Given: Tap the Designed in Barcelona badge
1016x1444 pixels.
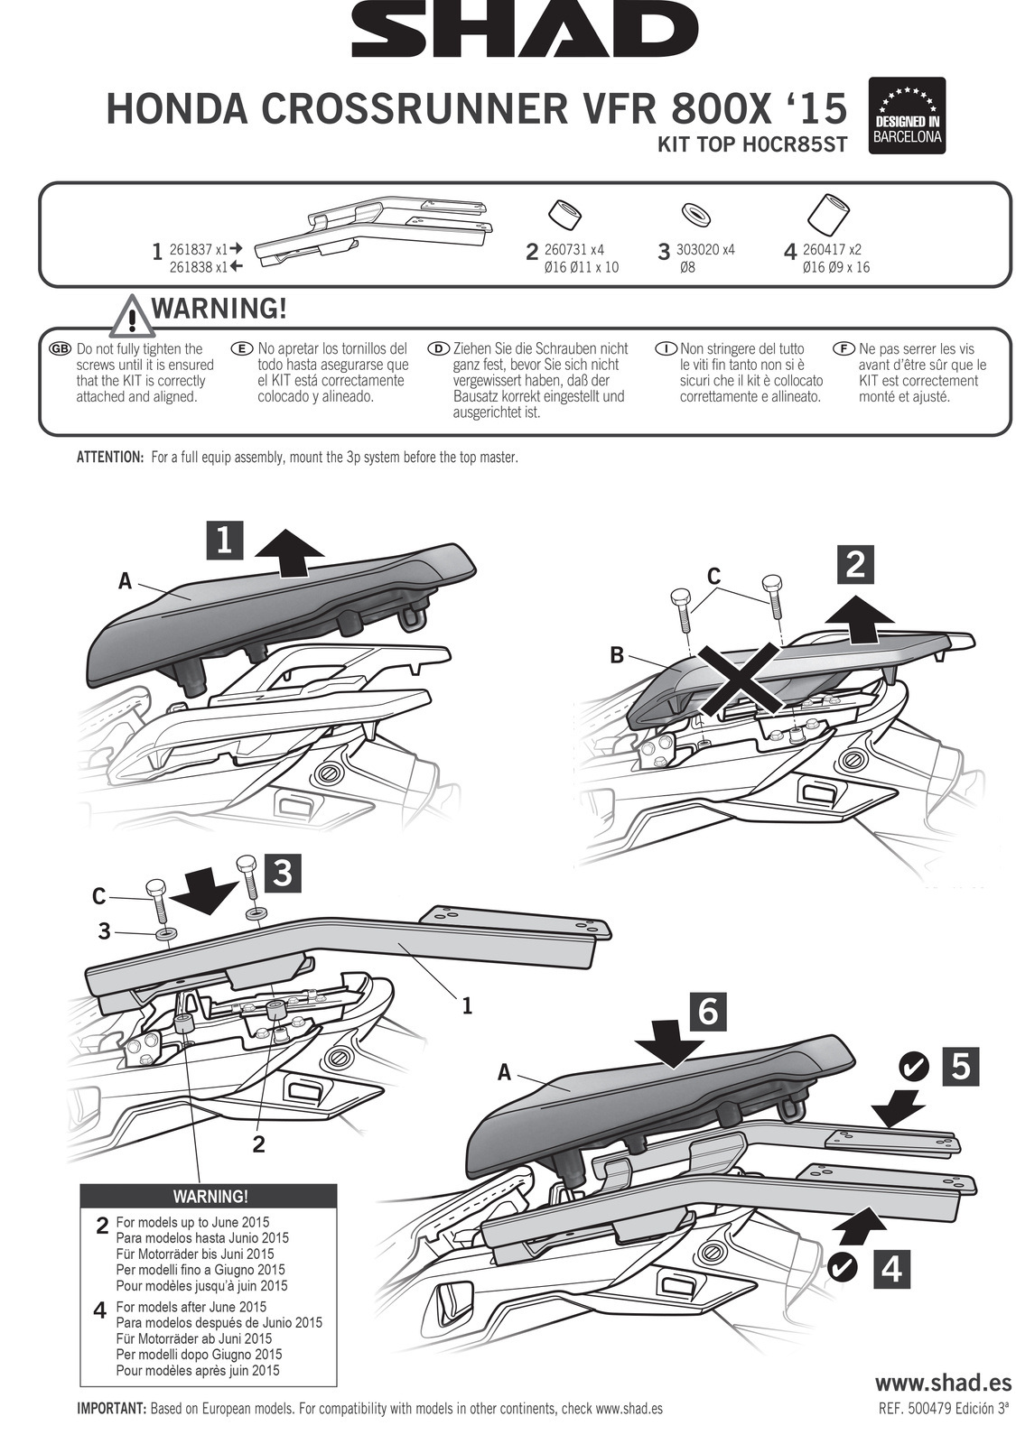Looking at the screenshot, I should point(907,116).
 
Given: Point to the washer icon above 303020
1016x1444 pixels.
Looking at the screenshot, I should point(695,214).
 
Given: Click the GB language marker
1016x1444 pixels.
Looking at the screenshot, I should point(59,348).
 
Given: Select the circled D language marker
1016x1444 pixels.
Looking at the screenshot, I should point(437,348).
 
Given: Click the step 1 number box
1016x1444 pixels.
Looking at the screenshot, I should point(225,540).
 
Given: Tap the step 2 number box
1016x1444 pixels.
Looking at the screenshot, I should point(855,564).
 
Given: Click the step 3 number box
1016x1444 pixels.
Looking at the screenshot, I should point(283,873).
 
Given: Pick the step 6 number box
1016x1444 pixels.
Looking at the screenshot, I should point(707,1012).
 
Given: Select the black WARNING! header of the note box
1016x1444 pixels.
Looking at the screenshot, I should point(209,1197).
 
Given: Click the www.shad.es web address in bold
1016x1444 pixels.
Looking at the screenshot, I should point(943,1382).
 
